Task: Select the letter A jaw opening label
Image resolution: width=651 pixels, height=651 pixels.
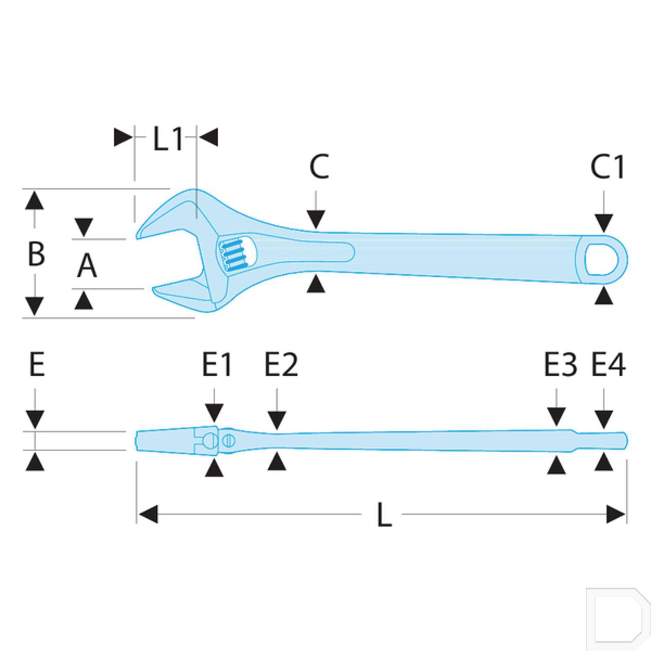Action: (87, 266)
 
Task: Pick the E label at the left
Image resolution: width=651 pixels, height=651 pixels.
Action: (37, 365)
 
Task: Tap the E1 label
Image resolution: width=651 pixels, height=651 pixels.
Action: (217, 365)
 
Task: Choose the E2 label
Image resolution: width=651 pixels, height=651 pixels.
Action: (281, 365)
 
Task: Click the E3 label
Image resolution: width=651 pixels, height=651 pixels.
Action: (561, 365)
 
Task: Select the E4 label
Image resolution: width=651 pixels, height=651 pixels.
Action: (608, 365)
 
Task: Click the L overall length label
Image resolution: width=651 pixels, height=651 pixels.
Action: (385, 515)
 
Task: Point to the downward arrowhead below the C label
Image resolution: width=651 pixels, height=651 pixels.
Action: (316, 219)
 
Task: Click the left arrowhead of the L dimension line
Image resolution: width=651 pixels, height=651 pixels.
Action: (148, 514)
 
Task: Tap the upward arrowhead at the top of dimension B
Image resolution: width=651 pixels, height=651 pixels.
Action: (35, 201)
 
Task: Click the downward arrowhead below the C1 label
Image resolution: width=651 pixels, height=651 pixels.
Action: (604, 223)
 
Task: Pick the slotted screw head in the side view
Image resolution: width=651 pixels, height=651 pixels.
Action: (229, 441)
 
